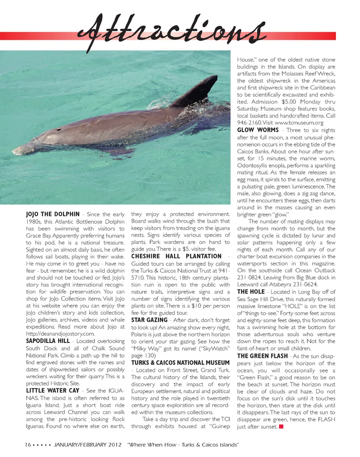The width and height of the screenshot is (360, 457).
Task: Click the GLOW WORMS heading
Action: (258, 130)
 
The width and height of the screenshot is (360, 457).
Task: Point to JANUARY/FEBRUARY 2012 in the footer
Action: (88, 444)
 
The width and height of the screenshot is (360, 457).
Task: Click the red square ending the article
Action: (281, 426)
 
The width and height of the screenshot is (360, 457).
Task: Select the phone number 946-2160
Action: (248, 122)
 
